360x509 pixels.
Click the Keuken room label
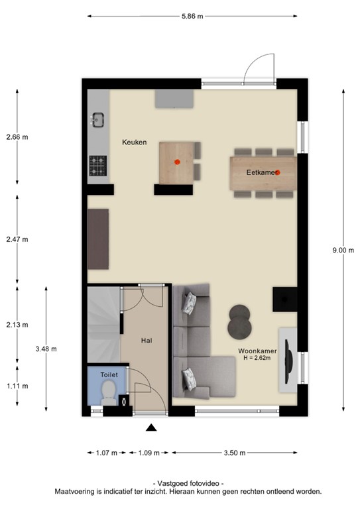134,142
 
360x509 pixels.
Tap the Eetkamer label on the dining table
260,172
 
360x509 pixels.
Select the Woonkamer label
259,351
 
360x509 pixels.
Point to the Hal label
147,340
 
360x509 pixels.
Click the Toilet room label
109,374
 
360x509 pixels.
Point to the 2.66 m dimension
17,137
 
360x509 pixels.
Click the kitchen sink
98,120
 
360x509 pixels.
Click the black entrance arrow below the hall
151,428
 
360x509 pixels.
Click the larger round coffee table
240,325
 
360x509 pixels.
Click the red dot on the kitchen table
177,161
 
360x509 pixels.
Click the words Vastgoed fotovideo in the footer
189,484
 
